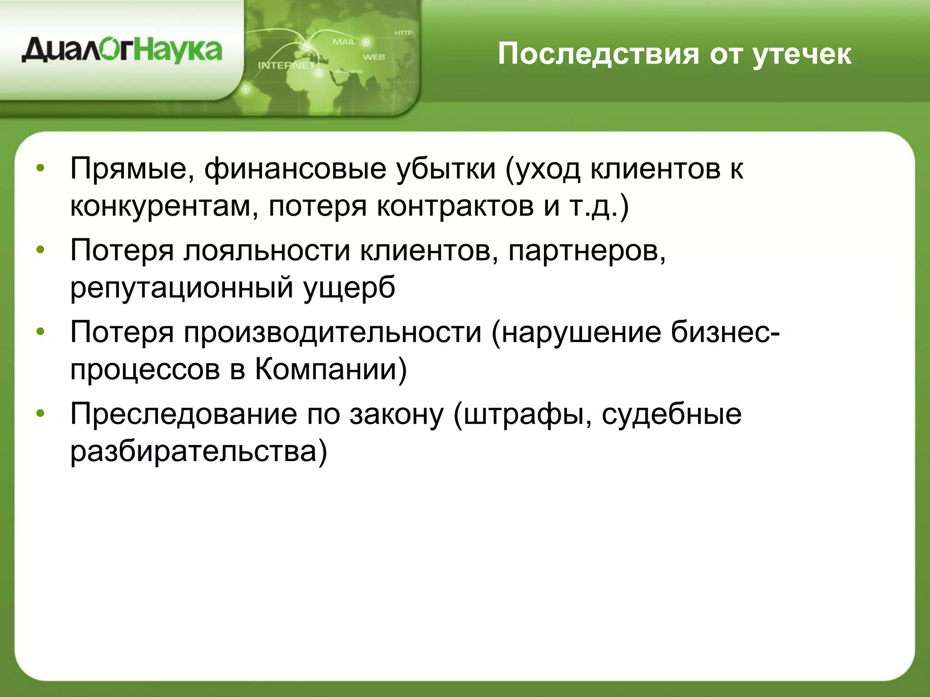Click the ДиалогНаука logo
click(x=122, y=51)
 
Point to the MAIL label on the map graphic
click(x=344, y=42)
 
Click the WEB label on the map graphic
click(x=373, y=57)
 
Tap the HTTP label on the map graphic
click(x=403, y=33)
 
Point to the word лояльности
click(x=267, y=250)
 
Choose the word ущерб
click(x=349, y=288)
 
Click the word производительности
click(x=332, y=332)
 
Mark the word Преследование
click(x=183, y=414)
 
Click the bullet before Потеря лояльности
click(x=40, y=250)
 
